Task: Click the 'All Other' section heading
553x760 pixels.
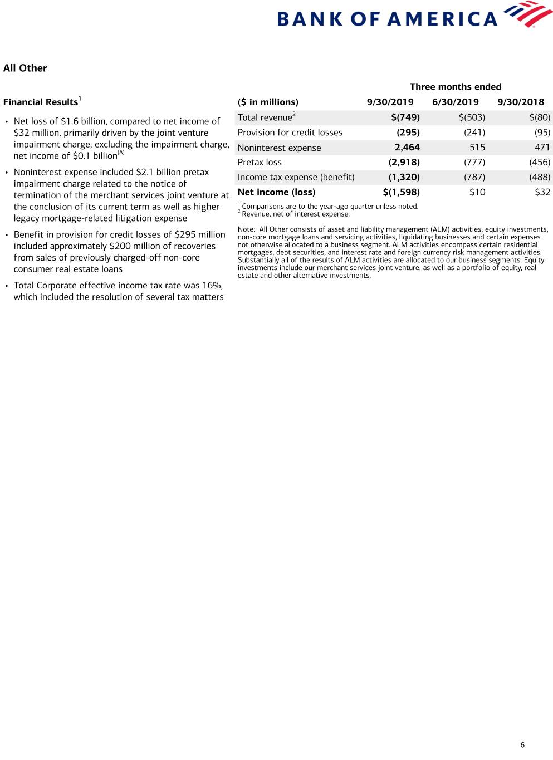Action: [x=25, y=68]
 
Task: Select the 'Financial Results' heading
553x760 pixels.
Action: [x=41, y=102]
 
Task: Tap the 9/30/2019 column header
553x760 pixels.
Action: [x=390, y=102]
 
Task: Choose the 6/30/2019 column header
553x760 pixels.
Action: [x=455, y=102]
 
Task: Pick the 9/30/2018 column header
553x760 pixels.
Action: [x=520, y=102]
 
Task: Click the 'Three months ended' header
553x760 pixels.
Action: [x=455, y=87]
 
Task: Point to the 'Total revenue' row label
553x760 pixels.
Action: [x=265, y=117]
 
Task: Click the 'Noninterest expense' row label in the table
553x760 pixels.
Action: [x=279, y=148]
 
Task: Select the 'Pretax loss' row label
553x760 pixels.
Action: [x=260, y=163]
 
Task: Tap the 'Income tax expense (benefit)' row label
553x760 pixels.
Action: [x=296, y=177]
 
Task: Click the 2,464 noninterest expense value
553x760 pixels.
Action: [x=407, y=148]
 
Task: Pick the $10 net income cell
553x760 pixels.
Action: [x=477, y=192]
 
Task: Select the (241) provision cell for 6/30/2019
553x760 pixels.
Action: [x=474, y=133]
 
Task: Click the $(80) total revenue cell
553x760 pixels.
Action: [x=540, y=117]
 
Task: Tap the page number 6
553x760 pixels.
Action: [x=522, y=745]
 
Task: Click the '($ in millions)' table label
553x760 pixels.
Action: [x=268, y=102]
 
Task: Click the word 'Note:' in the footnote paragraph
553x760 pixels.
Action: [x=246, y=229]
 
